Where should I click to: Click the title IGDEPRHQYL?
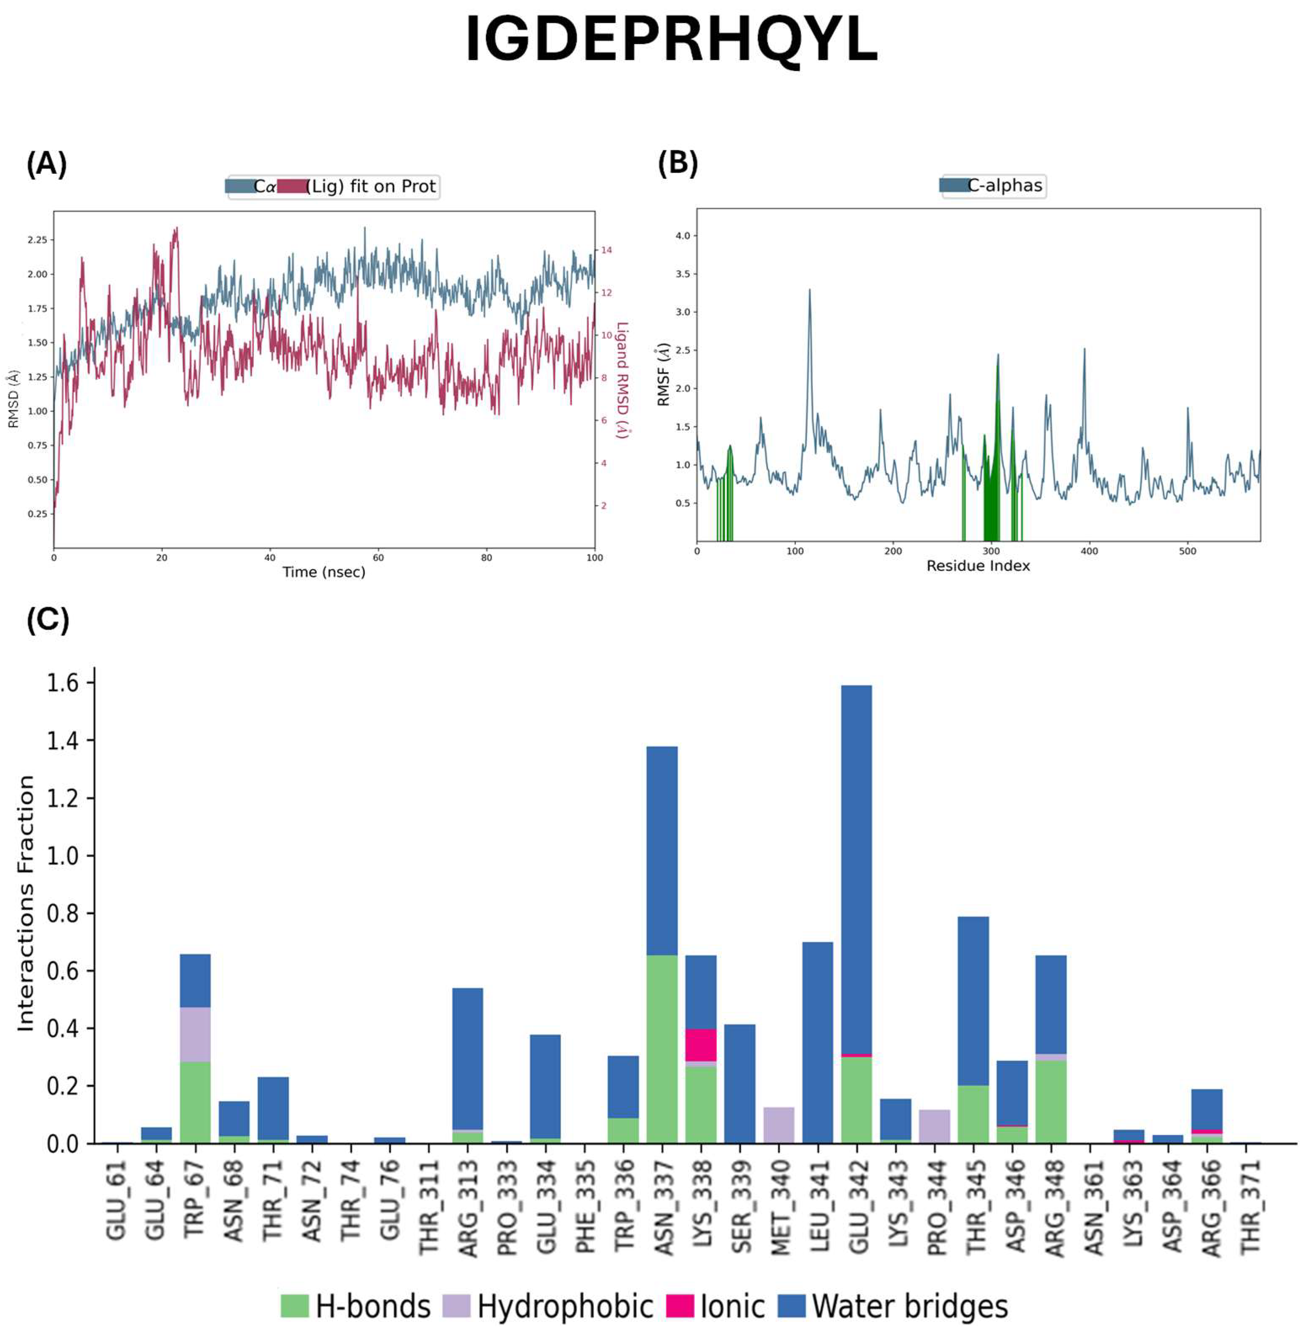coord(671,40)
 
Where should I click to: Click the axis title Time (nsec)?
coord(324,572)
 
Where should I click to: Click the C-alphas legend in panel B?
coord(993,186)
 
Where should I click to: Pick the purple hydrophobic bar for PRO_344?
coord(934,1126)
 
